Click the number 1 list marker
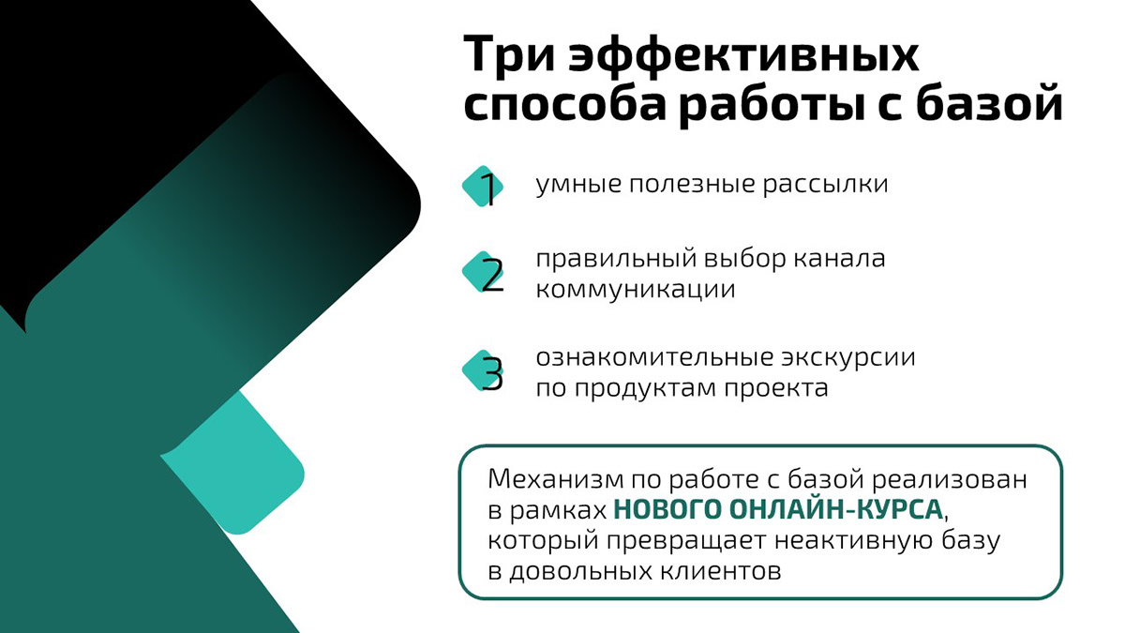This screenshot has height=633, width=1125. pos(485,188)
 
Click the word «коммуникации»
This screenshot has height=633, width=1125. pos(635,289)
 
